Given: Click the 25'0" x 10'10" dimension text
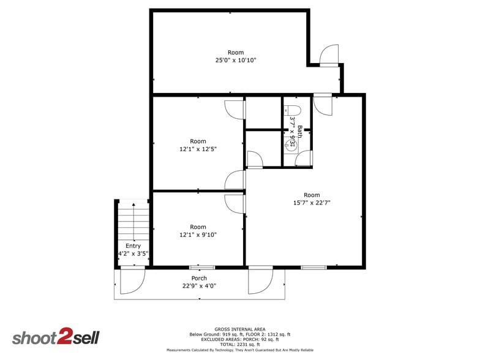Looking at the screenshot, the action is (235, 60).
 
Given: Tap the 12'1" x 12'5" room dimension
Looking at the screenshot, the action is (198, 149).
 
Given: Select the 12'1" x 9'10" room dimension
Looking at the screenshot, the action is (198, 235).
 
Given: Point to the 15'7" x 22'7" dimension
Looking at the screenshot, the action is (312, 203).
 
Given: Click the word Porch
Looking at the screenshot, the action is (199, 278).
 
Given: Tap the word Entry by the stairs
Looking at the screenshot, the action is (133, 246).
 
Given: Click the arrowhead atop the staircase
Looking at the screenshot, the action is (133, 204).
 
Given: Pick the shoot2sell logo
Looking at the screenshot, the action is (56, 337).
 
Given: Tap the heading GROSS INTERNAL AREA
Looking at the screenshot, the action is (240, 329).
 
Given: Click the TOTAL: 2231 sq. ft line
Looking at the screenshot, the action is (240, 344).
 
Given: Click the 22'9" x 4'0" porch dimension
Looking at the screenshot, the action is (199, 286).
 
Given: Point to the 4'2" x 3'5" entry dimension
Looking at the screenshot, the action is (133, 253).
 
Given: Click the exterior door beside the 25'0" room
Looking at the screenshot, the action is (329, 56).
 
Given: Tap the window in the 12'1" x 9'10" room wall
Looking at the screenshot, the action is (202, 268).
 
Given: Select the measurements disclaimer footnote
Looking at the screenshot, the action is (240, 350).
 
